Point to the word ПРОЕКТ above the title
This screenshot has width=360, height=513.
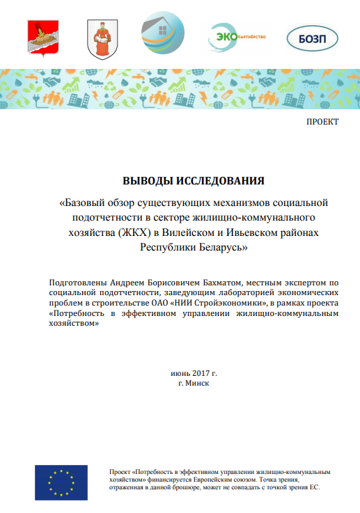[322, 122]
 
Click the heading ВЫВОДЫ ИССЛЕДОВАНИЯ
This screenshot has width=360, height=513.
[194, 181]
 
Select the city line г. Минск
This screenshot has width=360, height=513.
[194, 383]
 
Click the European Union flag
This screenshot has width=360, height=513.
[61, 482]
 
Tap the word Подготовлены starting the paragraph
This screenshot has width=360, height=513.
[78, 283]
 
